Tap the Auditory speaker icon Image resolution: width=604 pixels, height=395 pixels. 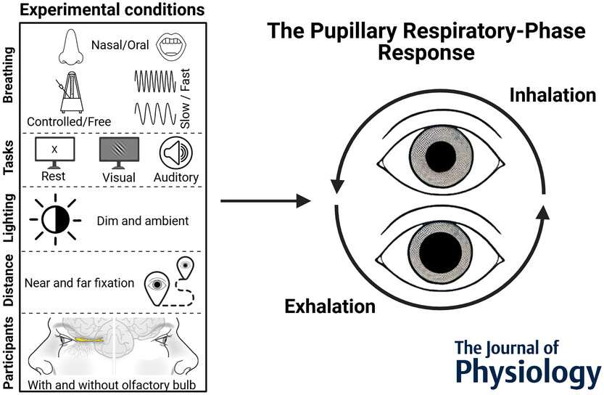click(x=178, y=152)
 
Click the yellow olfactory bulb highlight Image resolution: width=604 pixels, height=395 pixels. click(x=86, y=338)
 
